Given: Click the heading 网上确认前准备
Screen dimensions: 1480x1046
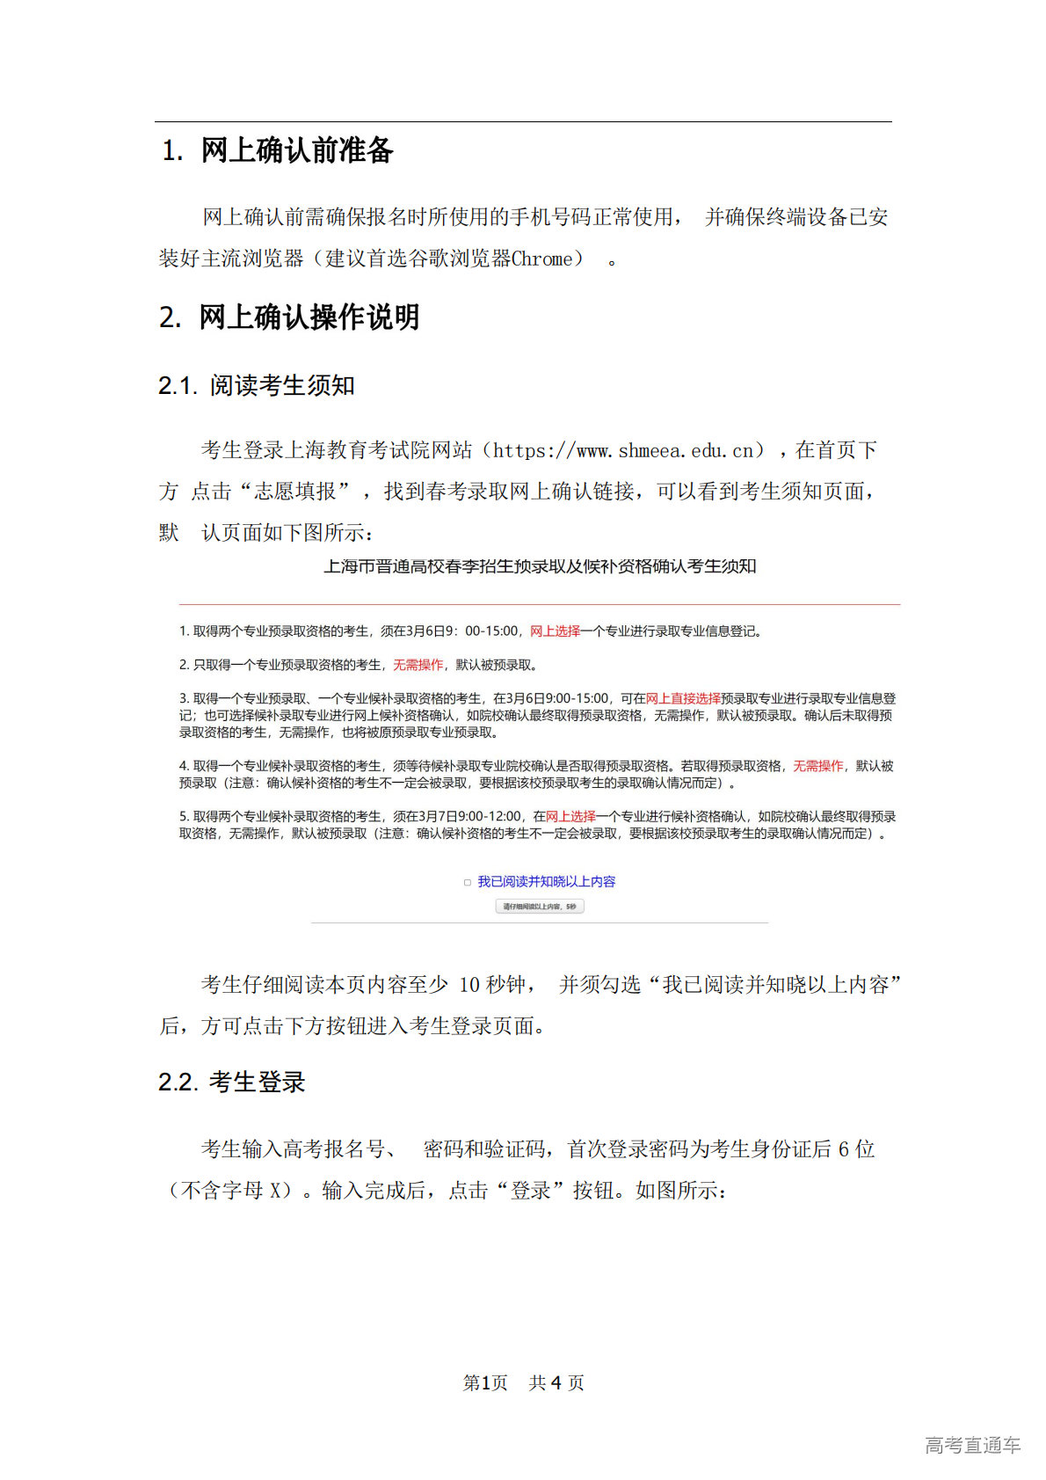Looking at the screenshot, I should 296,150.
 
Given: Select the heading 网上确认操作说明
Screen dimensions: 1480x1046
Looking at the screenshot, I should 309,317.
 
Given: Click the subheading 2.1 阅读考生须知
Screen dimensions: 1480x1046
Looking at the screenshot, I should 257,385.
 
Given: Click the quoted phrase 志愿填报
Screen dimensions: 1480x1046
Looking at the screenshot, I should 294,492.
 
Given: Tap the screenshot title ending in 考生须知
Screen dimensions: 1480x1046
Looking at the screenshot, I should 540,566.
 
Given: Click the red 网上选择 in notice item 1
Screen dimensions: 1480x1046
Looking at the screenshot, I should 555,631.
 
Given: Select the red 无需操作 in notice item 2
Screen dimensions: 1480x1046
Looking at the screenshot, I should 418,665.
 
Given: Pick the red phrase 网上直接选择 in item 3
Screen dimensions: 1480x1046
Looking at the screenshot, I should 683,698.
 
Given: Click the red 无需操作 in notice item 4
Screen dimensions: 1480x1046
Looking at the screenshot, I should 817,766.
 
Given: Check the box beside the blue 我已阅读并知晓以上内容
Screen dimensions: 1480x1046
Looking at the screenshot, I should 468,882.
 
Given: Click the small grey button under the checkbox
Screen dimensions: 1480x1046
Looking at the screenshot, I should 540,906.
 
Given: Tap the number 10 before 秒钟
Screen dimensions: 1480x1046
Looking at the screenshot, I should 469,985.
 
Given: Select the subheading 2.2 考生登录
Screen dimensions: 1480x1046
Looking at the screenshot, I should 232,1083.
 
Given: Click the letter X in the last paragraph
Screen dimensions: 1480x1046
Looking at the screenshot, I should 276,1191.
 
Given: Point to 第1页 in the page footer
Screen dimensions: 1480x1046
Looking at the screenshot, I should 485,1383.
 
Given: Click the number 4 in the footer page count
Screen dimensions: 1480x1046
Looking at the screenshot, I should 556,1383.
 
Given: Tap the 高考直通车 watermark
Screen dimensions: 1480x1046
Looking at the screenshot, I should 972,1445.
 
